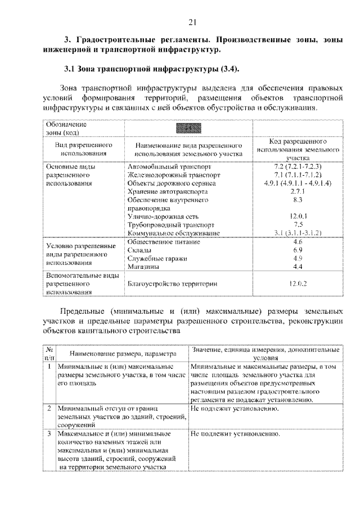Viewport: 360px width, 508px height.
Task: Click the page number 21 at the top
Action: [x=191, y=22]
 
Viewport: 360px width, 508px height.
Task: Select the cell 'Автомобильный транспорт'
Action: [x=169, y=167]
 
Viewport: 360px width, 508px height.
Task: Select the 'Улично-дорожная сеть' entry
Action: [x=163, y=216]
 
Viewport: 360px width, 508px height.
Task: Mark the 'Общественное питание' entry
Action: [x=164, y=242]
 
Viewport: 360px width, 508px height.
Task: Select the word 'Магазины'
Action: [x=143, y=267]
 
